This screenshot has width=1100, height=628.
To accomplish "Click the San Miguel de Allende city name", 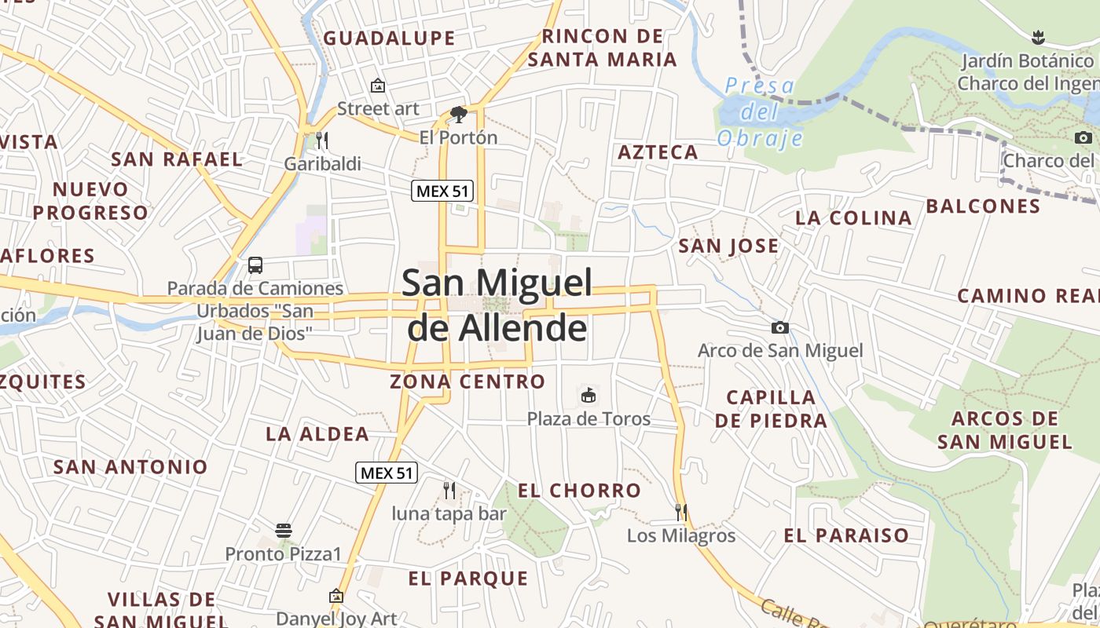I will [497, 305].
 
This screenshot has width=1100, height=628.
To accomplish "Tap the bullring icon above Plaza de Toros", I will [588, 395].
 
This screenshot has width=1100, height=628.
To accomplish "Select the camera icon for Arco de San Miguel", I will [779, 327].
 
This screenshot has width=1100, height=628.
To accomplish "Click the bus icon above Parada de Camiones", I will [255, 265].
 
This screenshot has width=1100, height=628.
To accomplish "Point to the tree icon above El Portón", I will [458, 115].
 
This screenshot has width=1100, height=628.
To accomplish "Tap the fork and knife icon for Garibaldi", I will [322, 141].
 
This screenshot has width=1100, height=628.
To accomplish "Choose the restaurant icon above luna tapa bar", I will [449, 491].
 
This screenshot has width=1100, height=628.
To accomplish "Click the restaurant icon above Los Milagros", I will [681, 513].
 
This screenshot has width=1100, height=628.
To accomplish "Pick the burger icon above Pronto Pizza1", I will [284, 531].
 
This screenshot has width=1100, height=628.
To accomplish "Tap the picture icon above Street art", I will [378, 86].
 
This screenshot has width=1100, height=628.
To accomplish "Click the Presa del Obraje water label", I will [760, 112].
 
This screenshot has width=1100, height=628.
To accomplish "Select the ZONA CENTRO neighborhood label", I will [467, 382].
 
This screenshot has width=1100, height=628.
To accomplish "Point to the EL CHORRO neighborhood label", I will [579, 491].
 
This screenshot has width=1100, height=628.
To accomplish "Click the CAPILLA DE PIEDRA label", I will [771, 408].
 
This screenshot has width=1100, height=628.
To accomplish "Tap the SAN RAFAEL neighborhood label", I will [177, 159].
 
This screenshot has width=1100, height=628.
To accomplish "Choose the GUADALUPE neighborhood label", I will [389, 38].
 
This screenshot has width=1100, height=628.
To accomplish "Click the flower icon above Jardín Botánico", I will [1037, 36].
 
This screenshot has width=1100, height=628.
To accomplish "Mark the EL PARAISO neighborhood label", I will [846, 535].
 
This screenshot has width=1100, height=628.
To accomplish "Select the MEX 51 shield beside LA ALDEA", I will [386, 473].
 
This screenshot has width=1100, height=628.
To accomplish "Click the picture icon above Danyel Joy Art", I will [336, 596].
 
